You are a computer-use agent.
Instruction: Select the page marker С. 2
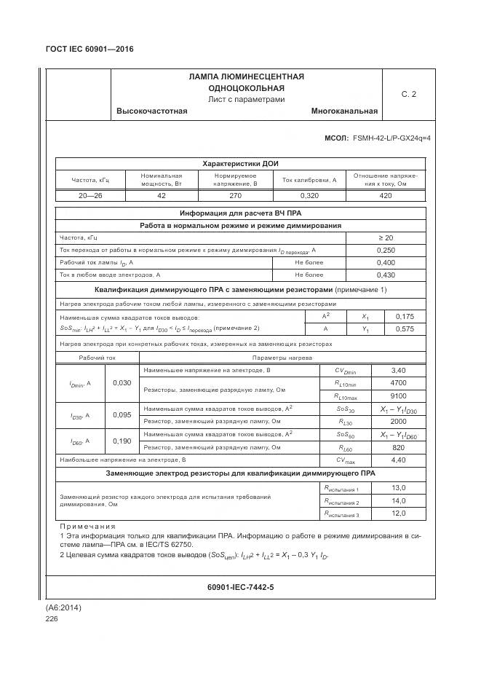pos(409,94)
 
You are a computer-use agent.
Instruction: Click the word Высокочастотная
pos(151,111)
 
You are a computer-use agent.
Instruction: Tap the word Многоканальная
pos(343,111)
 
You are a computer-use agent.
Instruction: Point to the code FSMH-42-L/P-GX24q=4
pos(391,138)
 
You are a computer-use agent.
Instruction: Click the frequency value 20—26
pos(90,196)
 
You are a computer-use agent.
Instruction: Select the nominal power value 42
pos(162,196)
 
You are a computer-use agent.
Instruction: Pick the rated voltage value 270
pos(235,196)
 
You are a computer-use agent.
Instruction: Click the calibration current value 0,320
pos(309,196)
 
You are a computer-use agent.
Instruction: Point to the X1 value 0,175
pos(404,317)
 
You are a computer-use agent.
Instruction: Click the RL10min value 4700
pos(398,382)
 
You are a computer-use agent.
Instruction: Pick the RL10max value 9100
pos(398,396)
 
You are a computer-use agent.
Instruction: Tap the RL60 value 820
pos(398,447)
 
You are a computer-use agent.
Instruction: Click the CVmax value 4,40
pos(398,460)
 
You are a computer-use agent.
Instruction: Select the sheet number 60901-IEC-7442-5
pos(240,586)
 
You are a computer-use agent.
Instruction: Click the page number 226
pos(51,618)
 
